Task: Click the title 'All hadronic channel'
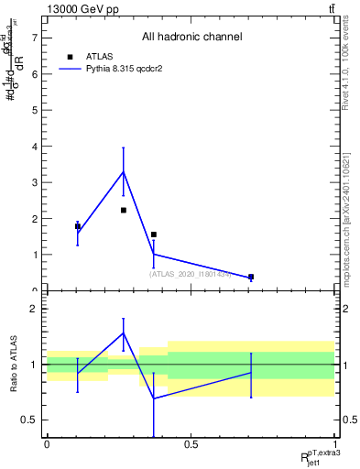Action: pyautogui.click(x=191, y=37)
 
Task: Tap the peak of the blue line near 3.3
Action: pyautogui.click(x=123, y=171)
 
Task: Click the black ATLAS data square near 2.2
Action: pyautogui.click(x=123, y=210)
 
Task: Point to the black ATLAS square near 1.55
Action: pyautogui.click(x=153, y=234)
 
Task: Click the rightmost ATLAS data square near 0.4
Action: pyautogui.click(x=251, y=277)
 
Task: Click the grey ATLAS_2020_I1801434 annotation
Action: pyautogui.click(x=190, y=273)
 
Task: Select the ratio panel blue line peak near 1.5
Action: pyautogui.click(x=123, y=333)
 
